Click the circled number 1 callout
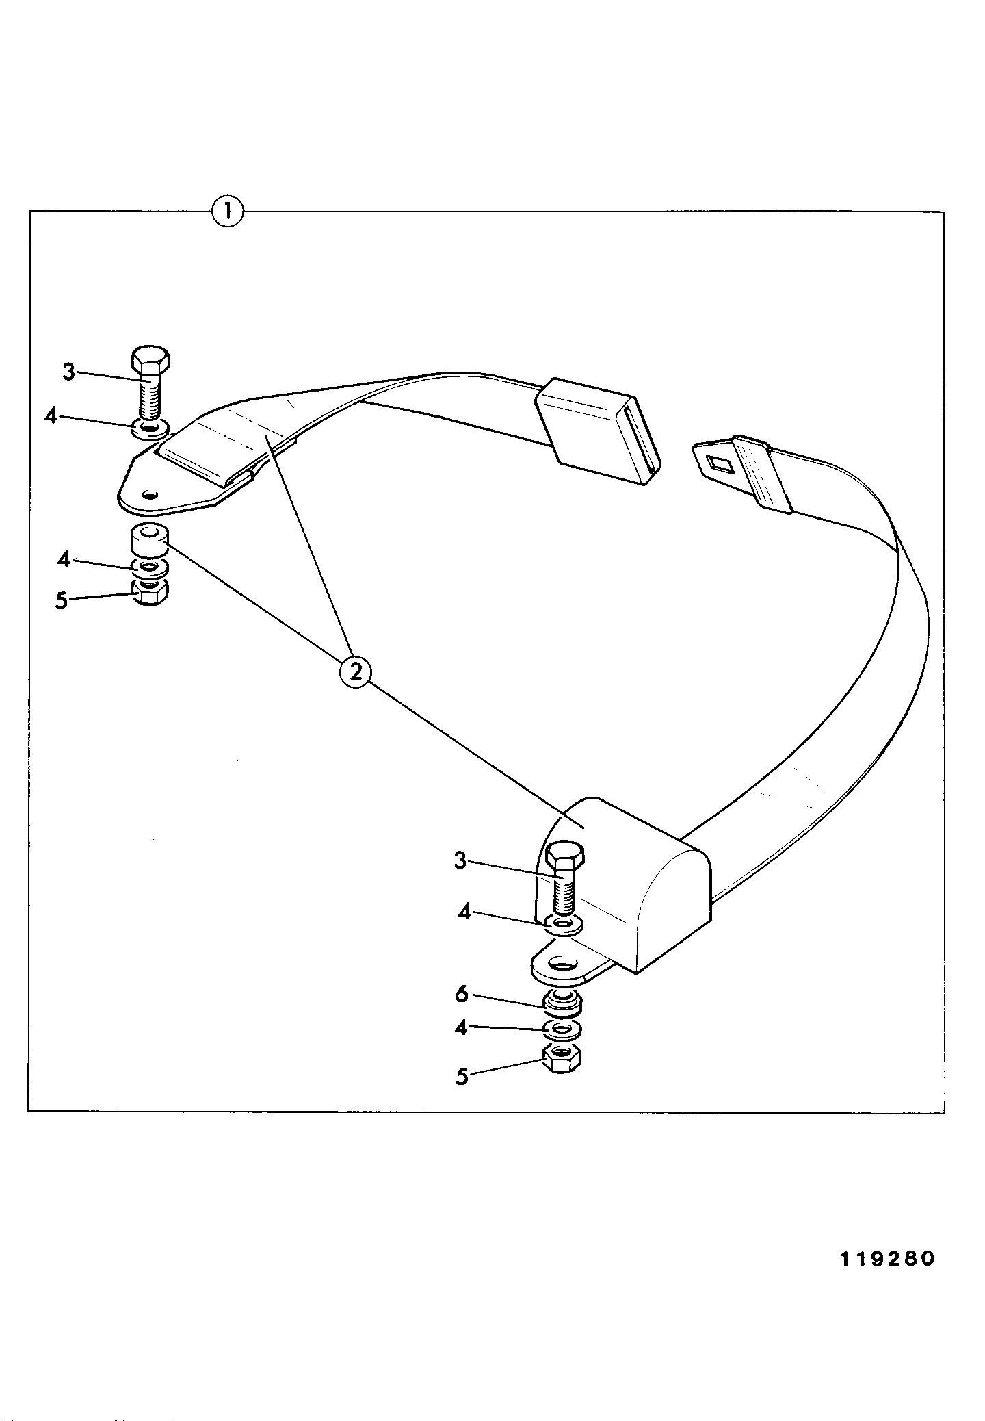[x=227, y=212]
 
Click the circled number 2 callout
[x=356, y=671]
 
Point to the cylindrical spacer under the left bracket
[x=148, y=539]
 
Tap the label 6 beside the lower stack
[x=462, y=995]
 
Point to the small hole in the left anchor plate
[x=150, y=493]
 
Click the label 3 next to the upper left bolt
[x=68, y=372]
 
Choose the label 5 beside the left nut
[x=62, y=601]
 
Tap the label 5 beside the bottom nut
[x=462, y=1077]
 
